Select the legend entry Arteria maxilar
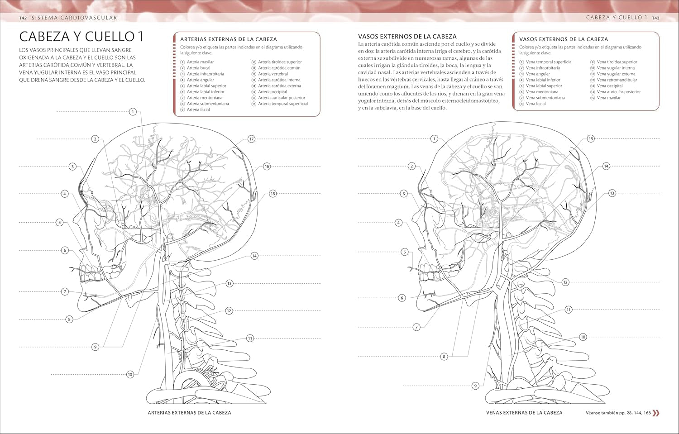pyautogui.click(x=200, y=62)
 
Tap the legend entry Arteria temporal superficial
pyautogui.click(x=283, y=104)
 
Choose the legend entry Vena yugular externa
pyautogui.click(x=616, y=74)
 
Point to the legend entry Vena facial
pyautogui.click(x=536, y=104)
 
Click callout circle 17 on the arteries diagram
pyautogui.click(x=251, y=139)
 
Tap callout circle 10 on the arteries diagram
pyautogui.click(x=130, y=374)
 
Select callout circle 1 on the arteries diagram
pyautogui.click(x=133, y=111)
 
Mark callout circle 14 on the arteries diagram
pyautogui.click(x=254, y=256)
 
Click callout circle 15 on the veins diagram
pyautogui.click(x=591, y=138)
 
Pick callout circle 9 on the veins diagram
pyautogui.click(x=475, y=386)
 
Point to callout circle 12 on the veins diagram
pyautogui.click(x=565, y=282)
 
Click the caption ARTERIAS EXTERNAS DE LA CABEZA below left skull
pyautogui.click(x=189, y=413)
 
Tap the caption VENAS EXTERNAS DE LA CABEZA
pyautogui.click(x=524, y=413)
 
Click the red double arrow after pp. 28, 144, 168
pyautogui.click(x=656, y=413)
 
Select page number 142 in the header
pyautogui.click(x=23, y=18)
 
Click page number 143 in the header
pyautogui.click(x=655, y=18)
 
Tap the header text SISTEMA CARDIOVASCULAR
pyautogui.click(x=74, y=18)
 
